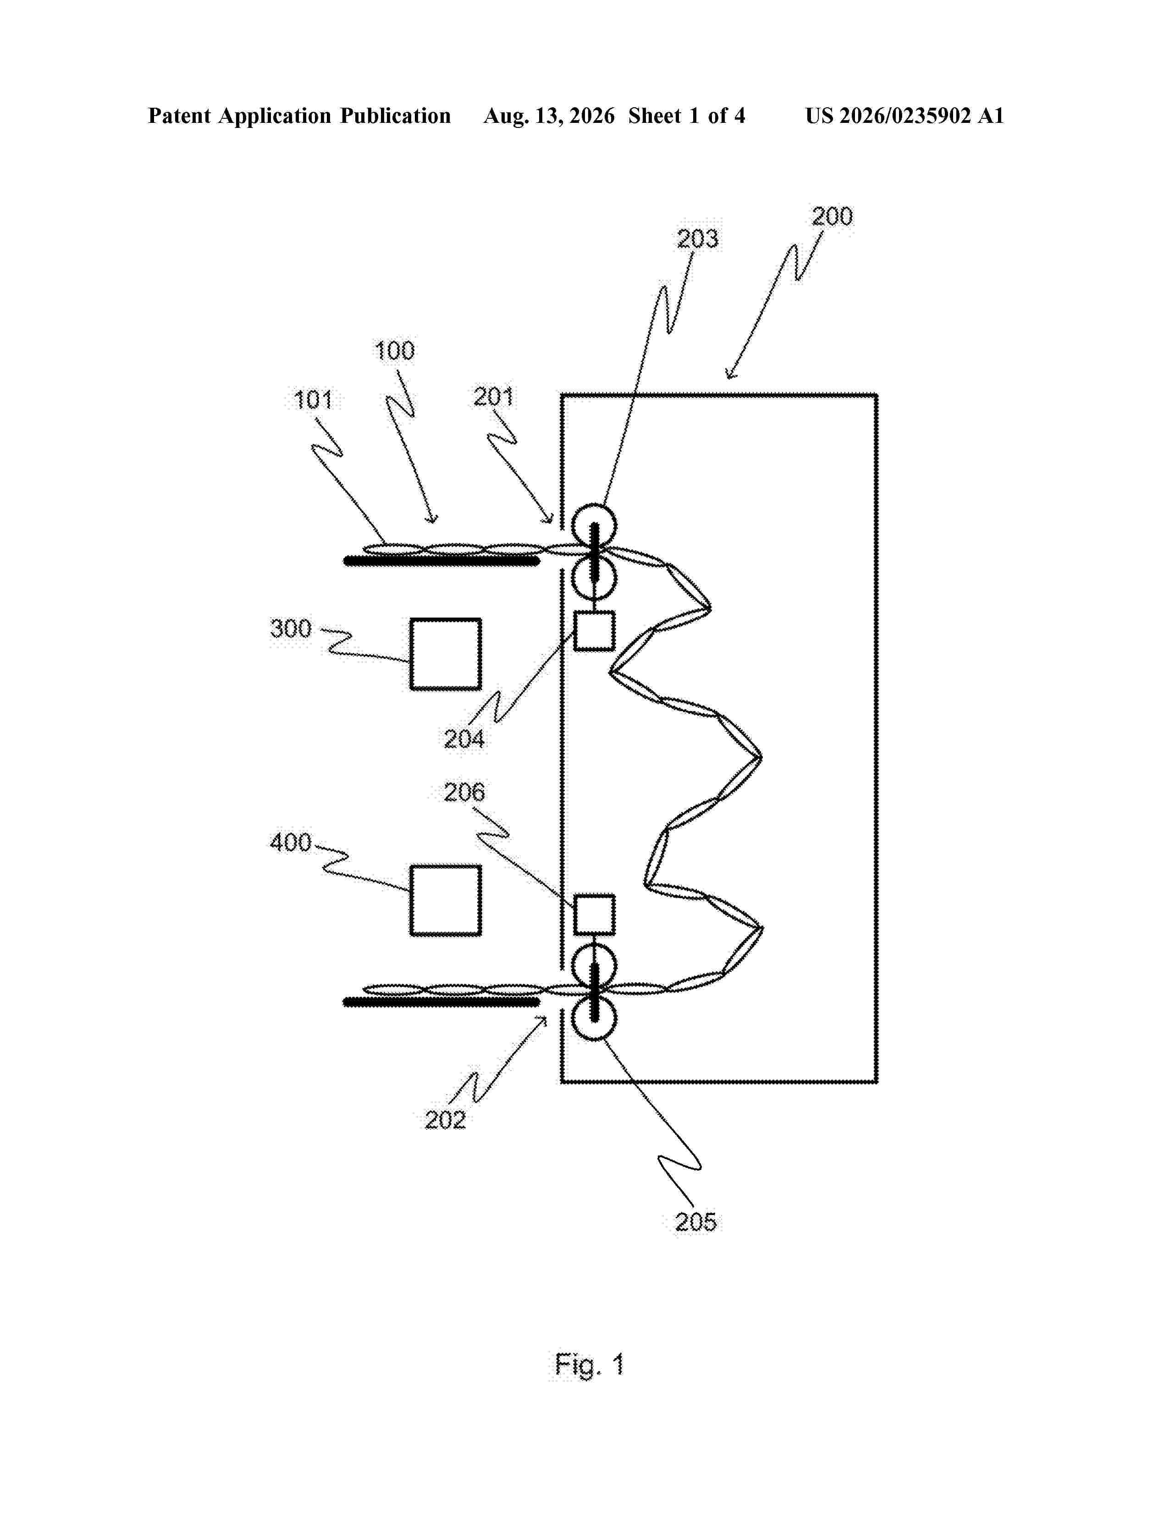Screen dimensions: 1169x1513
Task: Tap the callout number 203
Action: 698,239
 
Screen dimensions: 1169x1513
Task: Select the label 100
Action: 395,351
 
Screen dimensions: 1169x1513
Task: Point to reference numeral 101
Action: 313,400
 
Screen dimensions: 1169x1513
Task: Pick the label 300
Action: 291,628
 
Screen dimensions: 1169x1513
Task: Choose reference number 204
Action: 464,739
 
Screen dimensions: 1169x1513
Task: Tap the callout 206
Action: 464,792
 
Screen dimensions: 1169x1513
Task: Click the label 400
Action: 291,842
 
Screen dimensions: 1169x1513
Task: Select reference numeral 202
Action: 445,1120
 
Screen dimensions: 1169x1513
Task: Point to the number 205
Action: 696,1222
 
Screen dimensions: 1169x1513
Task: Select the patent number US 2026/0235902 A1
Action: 904,116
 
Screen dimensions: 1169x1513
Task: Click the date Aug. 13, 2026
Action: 548,116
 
